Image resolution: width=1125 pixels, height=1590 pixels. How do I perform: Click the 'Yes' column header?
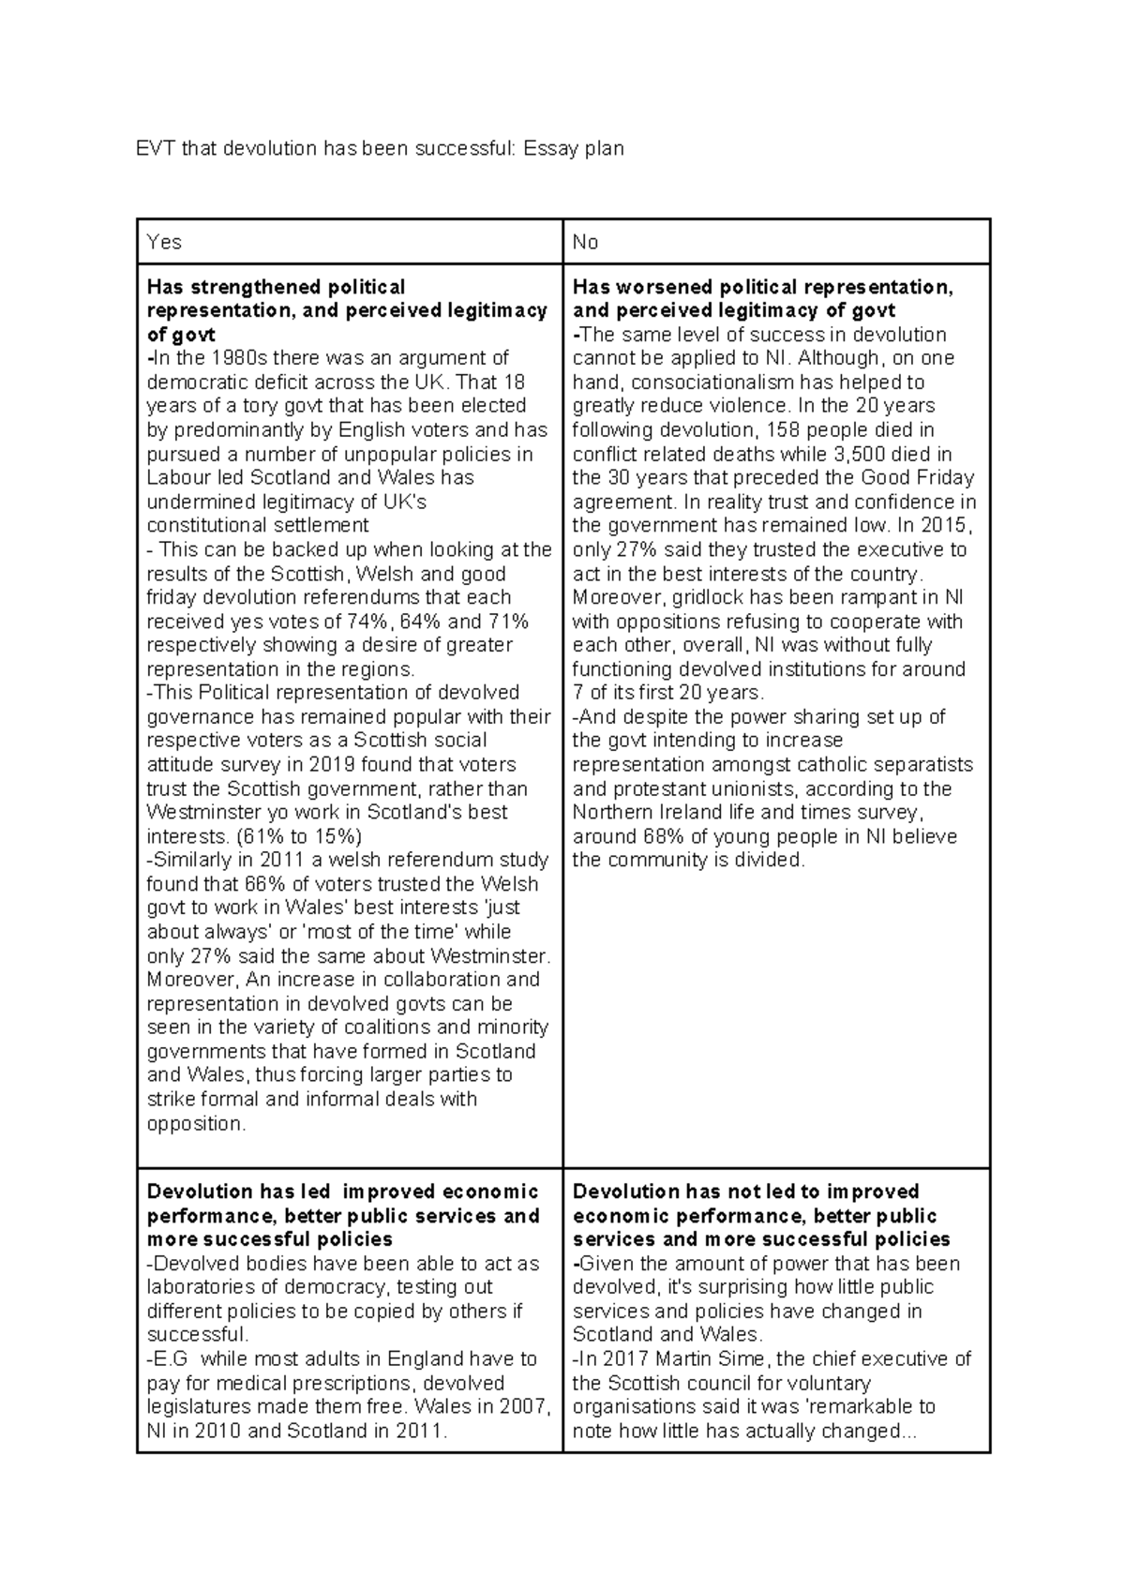[164, 242]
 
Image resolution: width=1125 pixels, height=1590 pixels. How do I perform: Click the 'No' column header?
[585, 242]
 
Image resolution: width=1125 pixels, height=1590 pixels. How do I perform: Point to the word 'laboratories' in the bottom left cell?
[195, 1287]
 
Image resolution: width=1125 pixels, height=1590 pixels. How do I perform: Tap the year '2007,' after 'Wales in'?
[529, 1407]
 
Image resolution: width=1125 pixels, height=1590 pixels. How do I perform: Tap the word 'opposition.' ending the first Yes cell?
[197, 1124]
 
